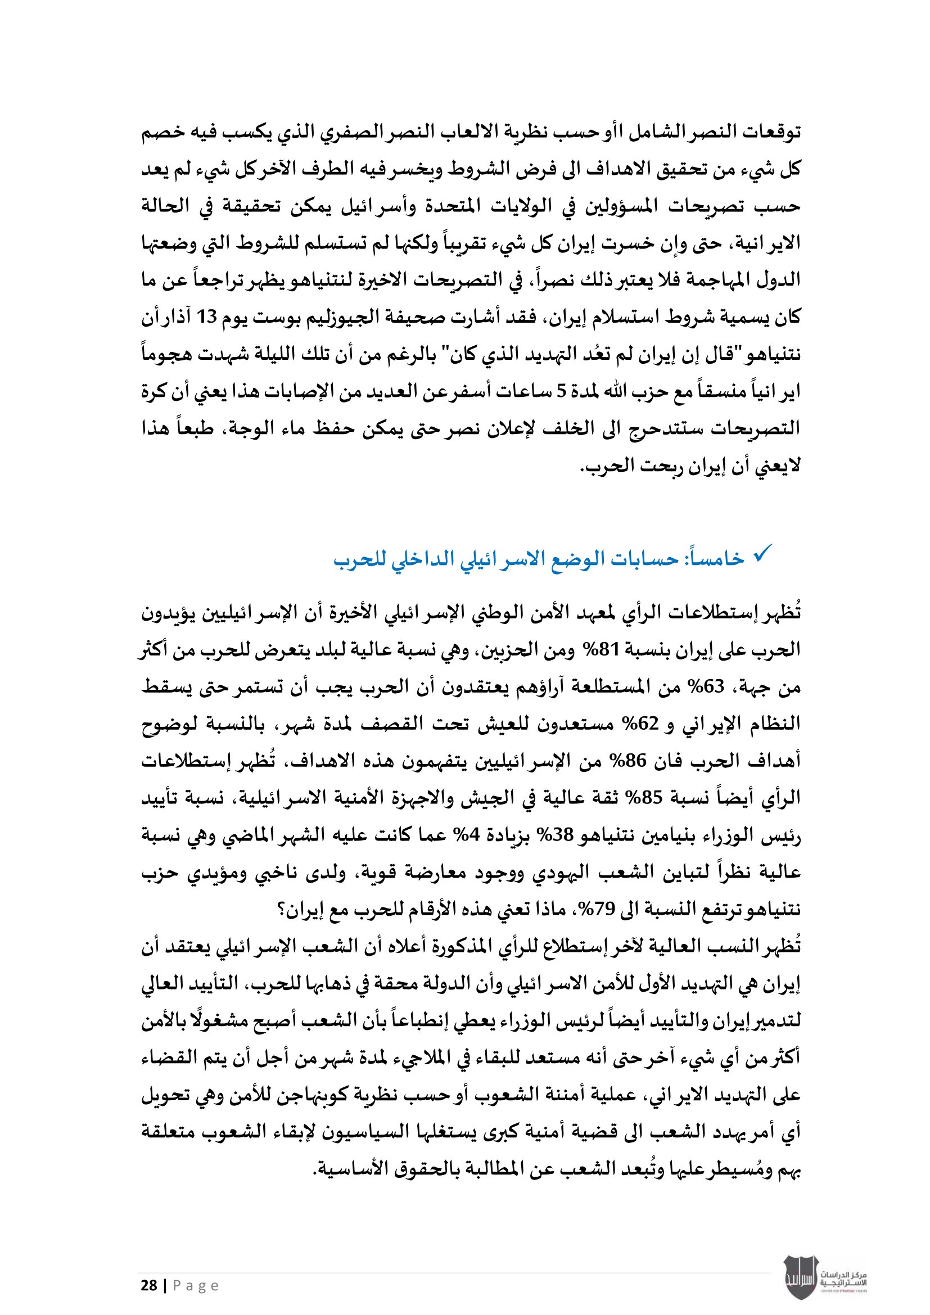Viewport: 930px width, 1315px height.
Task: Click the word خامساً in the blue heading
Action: click(x=716, y=558)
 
